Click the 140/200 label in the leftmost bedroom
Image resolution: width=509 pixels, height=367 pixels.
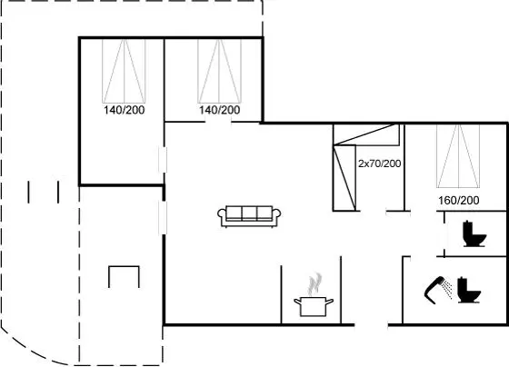point(124,110)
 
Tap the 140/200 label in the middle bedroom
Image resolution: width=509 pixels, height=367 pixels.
point(219,110)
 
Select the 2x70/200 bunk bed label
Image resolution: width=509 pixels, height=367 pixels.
point(380,164)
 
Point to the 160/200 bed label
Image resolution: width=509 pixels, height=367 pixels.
point(459,201)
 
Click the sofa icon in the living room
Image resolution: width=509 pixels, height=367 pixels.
point(249,216)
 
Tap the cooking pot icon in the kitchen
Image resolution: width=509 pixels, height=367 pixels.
point(314,306)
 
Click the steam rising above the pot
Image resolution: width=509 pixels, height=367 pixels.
point(314,284)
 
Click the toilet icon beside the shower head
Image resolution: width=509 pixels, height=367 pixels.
point(469,291)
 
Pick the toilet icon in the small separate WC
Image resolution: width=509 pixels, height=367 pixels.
point(474,233)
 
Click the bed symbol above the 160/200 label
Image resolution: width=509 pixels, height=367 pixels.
point(458,156)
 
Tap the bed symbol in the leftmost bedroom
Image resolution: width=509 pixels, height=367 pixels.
point(124,71)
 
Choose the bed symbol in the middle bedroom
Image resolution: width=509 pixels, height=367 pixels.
point(219,71)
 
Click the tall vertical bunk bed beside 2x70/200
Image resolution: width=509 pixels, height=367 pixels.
point(344,178)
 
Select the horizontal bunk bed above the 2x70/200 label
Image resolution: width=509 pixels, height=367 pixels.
point(366,134)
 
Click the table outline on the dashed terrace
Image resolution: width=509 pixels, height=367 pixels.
point(124,267)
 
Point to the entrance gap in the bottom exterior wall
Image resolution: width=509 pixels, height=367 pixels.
point(371,324)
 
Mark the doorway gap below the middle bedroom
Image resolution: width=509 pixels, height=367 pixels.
point(218,123)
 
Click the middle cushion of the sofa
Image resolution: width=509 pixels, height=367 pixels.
point(249,213)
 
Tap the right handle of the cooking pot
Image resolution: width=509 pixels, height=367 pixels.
point(329,303)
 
